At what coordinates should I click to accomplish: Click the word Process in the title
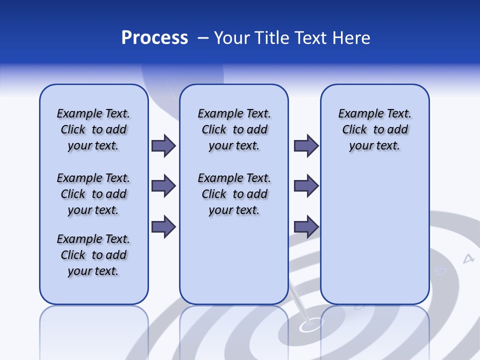(x=154, y=38)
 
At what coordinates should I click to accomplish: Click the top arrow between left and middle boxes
(x=163, y=146)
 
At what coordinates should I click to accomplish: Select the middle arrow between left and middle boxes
(x=163, y=186)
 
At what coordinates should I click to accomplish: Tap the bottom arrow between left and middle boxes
(x=163, y=226)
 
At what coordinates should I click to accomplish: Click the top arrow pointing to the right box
(x=306, y=146)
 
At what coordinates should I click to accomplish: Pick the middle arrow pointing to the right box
(x=306, y=186)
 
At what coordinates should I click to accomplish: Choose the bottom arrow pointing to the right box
(x=306, y=226)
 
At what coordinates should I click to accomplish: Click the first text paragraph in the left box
(x=93, y=129)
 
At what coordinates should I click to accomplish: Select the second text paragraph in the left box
(x=93, y=194)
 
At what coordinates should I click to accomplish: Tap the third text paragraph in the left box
(x=93, y=255)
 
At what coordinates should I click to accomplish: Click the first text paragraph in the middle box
(x=234, y=129)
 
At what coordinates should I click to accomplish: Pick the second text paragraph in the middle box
(x=234, y=194)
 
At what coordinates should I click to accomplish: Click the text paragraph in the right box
(x=374, y=129)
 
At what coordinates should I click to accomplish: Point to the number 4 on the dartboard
(x=468, y=258)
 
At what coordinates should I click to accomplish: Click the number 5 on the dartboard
(x=440, y=270)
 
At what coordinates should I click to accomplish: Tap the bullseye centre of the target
(x=307, y=326)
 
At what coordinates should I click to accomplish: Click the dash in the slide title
(x=202, y=38)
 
